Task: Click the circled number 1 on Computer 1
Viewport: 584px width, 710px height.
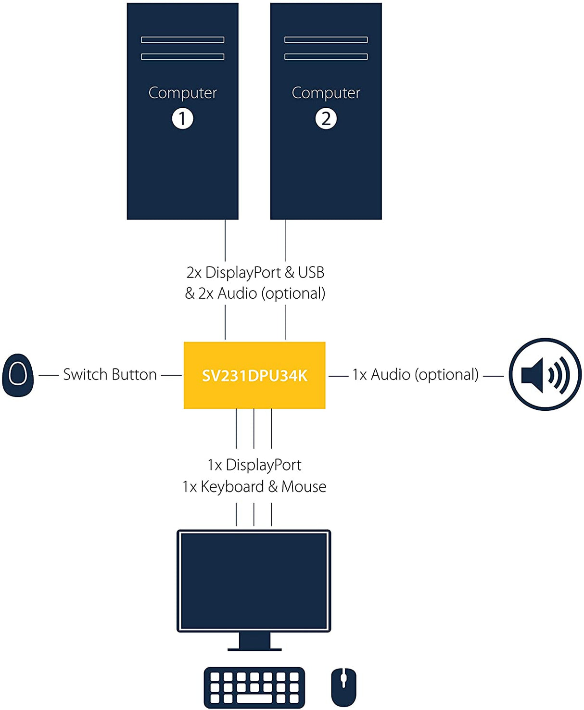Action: point(182,118)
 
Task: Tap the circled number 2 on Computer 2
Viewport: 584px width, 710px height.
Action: point(326,118)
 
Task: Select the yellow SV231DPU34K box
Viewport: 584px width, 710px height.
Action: point(254,375)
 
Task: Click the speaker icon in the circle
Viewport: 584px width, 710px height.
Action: point(545,374)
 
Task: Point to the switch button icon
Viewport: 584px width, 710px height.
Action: point(18,375)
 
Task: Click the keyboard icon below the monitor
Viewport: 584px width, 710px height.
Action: point(254,687)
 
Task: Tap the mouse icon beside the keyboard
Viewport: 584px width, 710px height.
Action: point(343,687)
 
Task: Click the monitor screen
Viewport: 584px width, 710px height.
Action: point(254,581)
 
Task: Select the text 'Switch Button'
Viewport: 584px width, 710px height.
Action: point(110,375)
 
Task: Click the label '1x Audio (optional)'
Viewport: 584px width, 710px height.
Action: point(415,375)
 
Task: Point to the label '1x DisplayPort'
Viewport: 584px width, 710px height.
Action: point(254,465)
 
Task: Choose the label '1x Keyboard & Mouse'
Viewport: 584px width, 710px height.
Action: point(254,487)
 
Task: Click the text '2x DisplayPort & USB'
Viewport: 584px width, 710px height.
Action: point(255,273)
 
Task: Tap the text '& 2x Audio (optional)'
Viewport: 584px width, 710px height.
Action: point(255,293)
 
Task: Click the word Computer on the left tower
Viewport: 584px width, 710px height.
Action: point(182,93)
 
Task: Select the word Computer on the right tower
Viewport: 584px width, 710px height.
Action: point(326,93)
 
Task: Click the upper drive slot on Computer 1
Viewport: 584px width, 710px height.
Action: point(182,40)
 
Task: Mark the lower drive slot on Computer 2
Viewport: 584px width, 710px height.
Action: point(326,57)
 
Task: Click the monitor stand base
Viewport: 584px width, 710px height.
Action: point(254,649)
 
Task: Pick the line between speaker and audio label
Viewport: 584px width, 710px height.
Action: point(493,376)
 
